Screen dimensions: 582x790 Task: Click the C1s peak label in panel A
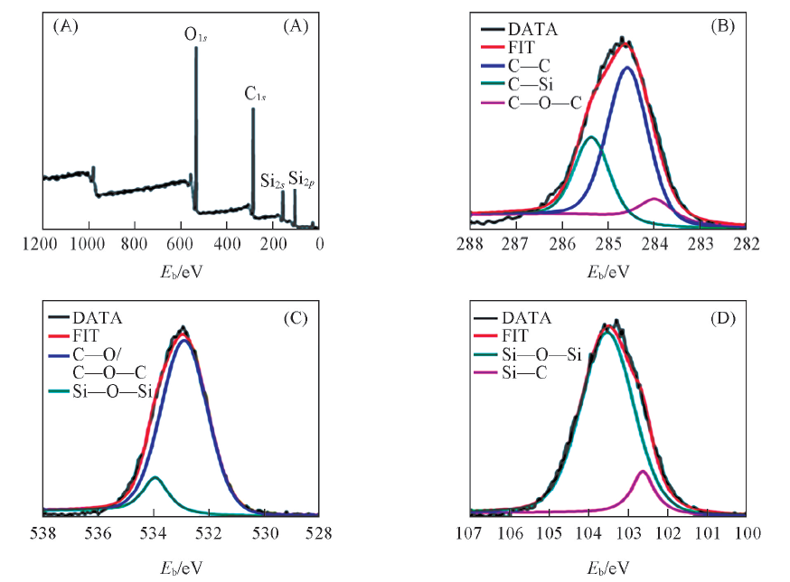pyautogui.click(x=256, y=93)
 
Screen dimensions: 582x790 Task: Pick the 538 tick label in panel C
pyautogui.click(x=42, y=534)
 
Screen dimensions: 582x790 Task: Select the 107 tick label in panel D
pyautogui.click(x=468, y=534)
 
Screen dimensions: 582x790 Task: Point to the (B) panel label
pyautogui.click(x=722, y=27)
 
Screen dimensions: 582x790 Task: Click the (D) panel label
pyautogui.click(x=722, y=318)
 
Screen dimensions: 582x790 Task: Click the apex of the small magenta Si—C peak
pyautogui.click(x=644, y=471)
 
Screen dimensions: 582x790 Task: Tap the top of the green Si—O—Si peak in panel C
pyautogui.click(x=155, y=477)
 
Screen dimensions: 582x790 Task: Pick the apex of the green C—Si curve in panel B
pyautogui.click(x=591, y=137)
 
